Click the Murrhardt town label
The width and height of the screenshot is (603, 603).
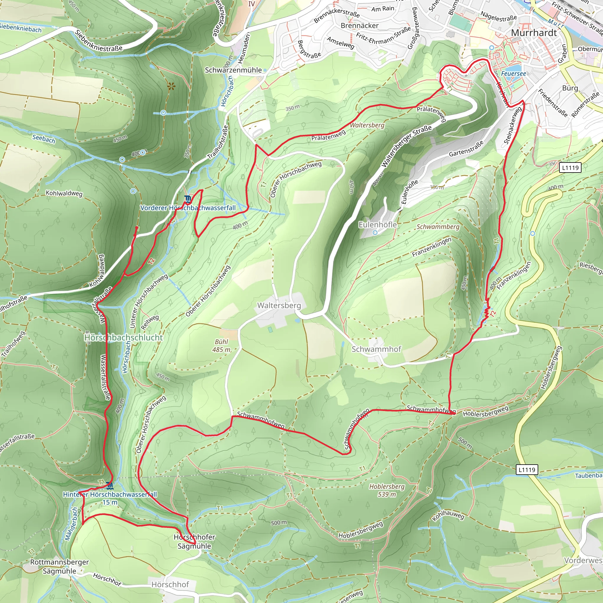click(534, 33)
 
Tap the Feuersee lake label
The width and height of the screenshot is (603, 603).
click(513, 74)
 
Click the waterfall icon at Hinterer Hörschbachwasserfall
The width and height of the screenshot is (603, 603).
click(109, 486)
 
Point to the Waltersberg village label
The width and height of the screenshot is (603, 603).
click(279, 305)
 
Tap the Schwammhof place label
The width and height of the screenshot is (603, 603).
click(376, 349)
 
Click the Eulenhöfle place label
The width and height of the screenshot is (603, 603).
click(377, 225)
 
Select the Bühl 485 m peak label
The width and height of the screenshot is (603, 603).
click(222, 345)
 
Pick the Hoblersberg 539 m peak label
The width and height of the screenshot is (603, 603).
click(387, 490)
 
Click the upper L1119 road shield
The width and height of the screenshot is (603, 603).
click(570, 168)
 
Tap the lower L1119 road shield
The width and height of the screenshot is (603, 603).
click(527, 470)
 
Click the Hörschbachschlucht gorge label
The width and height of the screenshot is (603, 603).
click(124, 338)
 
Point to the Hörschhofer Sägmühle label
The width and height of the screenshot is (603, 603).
click(194, 541)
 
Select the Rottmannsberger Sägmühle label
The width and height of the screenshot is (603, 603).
click(59, 566)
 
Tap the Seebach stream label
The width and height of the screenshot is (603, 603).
click(44, 139)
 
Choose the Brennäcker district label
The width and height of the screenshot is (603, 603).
click(360, 26)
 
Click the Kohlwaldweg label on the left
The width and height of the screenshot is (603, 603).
click(64, 193)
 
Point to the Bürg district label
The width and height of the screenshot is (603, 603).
click(570, 88)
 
